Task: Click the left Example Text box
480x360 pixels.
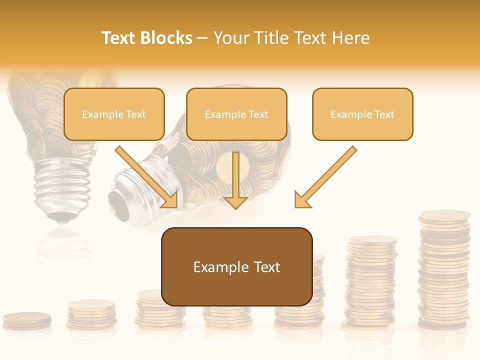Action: click(114, 114)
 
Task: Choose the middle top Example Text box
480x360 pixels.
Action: click(236, 114)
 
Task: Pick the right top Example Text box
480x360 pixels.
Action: click(362, 114)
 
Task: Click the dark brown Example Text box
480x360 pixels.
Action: click(236, 266)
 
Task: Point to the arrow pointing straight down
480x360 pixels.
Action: click(235, 180)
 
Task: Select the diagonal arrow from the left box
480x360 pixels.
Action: click(146, 177)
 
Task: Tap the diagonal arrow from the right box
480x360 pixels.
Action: click(326, 177)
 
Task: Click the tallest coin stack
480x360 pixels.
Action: click(444, 270)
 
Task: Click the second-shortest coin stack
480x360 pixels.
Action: click(91, 314)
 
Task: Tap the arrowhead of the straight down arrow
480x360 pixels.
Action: click(235, 201)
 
